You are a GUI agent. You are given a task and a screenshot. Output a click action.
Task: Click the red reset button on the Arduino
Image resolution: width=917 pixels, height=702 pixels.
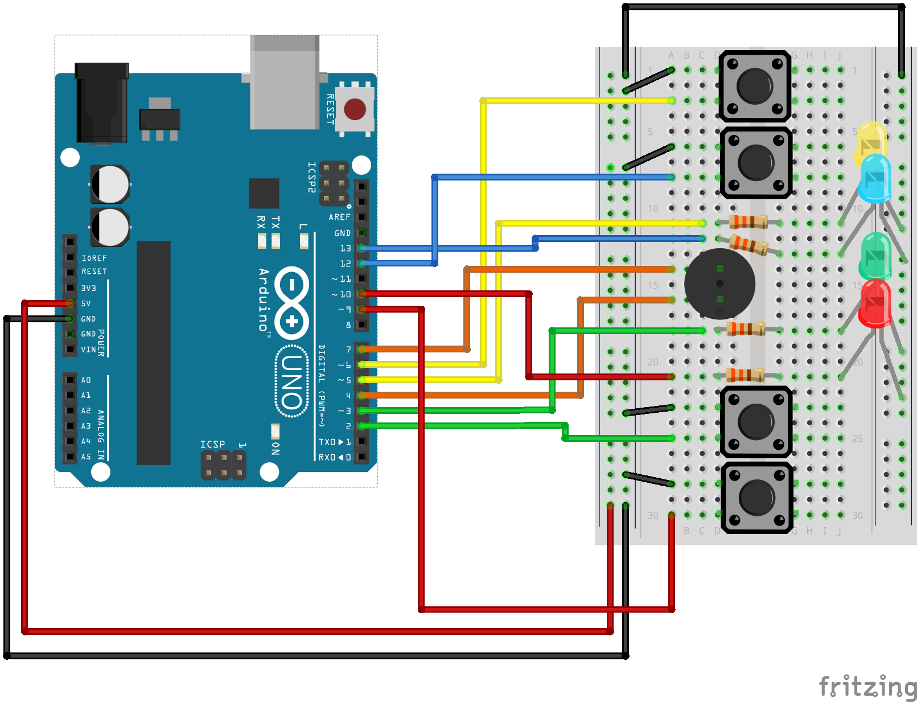coord(355,109)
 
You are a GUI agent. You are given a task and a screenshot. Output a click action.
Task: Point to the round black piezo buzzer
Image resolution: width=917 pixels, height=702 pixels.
coord(719,284)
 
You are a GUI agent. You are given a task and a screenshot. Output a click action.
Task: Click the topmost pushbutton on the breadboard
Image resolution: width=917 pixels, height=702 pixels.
coord(755,86)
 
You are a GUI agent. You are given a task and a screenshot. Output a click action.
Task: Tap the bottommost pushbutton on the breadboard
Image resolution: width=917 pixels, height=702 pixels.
coord(756,497)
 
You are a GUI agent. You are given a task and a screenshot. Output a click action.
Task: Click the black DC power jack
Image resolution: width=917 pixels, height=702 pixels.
coord(101,102)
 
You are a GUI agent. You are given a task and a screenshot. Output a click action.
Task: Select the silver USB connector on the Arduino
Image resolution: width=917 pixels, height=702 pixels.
coord(285,83)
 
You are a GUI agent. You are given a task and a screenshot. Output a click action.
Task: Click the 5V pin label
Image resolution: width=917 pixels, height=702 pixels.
coord(86,303)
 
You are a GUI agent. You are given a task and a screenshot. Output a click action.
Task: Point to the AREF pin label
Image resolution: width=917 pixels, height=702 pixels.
coord(339,217)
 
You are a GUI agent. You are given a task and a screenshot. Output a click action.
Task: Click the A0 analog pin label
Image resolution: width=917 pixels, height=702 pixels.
coord(86,380)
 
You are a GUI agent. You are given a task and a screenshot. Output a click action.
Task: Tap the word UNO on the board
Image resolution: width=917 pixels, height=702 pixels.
coord(291,382)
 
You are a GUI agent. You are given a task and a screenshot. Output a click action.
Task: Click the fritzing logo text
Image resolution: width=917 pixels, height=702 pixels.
coord(867,687)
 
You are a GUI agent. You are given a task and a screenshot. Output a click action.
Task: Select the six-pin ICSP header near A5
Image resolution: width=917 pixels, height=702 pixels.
coord(224,465)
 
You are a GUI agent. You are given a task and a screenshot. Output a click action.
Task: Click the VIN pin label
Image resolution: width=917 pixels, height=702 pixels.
coord(88,350)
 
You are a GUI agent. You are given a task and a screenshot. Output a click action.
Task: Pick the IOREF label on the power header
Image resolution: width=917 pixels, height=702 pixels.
coord(94,258)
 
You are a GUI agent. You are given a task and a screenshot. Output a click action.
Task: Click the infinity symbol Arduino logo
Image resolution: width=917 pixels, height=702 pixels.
coord(292,302)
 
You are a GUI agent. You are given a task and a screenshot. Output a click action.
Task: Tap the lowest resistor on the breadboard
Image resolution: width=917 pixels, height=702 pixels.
coord(745,375)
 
